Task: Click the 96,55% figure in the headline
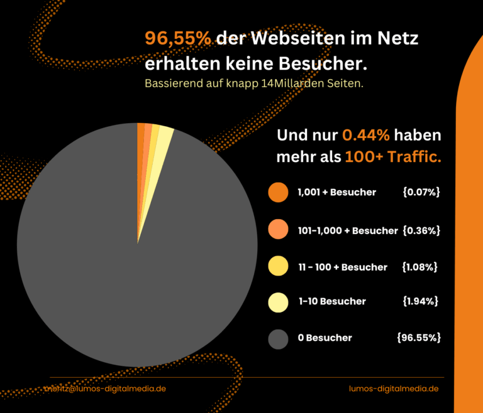click(178, 39)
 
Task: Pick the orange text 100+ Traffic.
click(392, 157)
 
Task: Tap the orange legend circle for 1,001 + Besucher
click(278, 192)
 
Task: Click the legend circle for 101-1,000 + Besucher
click(278, 230)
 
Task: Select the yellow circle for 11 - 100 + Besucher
click(278, 267)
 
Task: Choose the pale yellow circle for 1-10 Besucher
click(278, 301)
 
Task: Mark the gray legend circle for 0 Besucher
click(278, 338)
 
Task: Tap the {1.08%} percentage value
click(419, 267)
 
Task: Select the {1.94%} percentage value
click(420, 301)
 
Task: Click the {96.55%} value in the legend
click(418, 338)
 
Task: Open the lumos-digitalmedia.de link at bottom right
click(393, 389)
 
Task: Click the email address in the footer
click(105, 389)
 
